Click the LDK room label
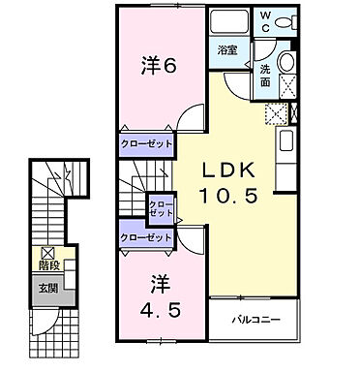pyautogui.click(x=232, y=169)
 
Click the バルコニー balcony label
pyautogui.click(x=255, y=318)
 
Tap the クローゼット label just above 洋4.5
pyautogui.click(x=145, y=235)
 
